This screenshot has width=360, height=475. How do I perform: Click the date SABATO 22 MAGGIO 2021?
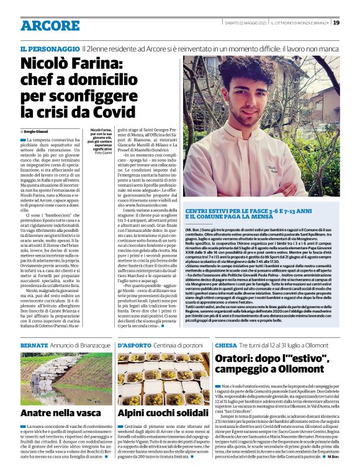(247, 23)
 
